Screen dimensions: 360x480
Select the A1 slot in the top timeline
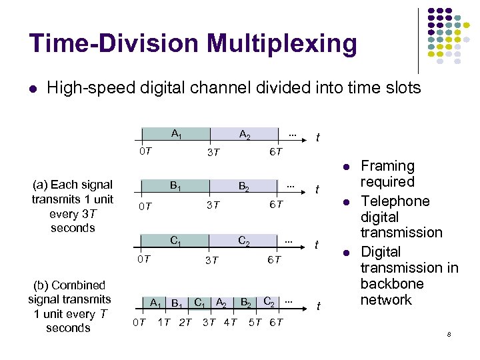(177, 134)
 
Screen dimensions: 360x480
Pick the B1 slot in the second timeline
(177, 185)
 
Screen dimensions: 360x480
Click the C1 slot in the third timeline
(177, 241)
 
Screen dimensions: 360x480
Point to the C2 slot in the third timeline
(245, 241)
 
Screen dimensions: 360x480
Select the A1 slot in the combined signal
(156, 303)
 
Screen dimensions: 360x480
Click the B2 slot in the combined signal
(245, 303)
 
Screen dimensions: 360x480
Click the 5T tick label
(255, 323)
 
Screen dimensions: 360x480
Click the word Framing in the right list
(387, 166)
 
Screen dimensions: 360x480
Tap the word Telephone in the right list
(395, 201)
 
